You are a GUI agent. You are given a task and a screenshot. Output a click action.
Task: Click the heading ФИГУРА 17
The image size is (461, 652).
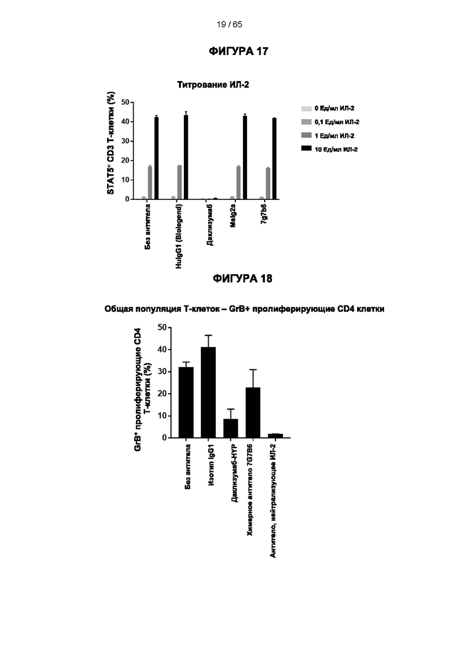coord(239,51)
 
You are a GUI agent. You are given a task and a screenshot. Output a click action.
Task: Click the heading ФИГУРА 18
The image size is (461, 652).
coord(243,278)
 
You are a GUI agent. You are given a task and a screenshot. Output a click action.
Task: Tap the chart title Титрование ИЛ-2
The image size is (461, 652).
coord(213,85)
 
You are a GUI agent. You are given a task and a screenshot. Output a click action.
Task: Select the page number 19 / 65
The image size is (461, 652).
coord(229,25)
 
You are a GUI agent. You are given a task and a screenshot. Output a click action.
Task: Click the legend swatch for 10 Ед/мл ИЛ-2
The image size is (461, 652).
coord(306,148)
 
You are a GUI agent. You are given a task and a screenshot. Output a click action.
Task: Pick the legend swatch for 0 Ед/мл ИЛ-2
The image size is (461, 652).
coord(306,109)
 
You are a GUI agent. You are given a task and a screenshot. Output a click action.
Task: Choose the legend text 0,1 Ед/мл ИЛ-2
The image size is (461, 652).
coord(337,122)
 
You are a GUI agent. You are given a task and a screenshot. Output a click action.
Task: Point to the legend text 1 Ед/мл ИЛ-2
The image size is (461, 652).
coord(335,135)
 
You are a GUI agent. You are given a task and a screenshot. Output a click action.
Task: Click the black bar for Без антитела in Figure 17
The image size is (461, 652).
coord(156,158)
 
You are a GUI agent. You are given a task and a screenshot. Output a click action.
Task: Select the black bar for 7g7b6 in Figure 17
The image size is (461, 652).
coord(274,159)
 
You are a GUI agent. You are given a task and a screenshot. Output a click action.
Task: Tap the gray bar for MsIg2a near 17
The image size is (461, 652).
coord(239,183)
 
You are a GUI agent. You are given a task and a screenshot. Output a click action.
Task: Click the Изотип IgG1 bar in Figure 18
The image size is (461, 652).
coord(208,392)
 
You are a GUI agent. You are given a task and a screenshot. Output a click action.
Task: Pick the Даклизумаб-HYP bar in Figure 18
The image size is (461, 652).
coord(230,429)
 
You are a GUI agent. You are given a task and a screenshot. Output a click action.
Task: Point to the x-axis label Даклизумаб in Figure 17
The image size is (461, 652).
coord(210,225)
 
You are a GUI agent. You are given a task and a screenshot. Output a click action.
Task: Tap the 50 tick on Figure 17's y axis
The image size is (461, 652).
coord(125,102)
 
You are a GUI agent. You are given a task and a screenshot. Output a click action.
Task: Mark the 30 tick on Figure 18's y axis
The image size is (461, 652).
coord(162,372)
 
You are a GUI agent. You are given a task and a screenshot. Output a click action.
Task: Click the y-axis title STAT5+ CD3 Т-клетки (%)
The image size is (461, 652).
coord(111,143)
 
